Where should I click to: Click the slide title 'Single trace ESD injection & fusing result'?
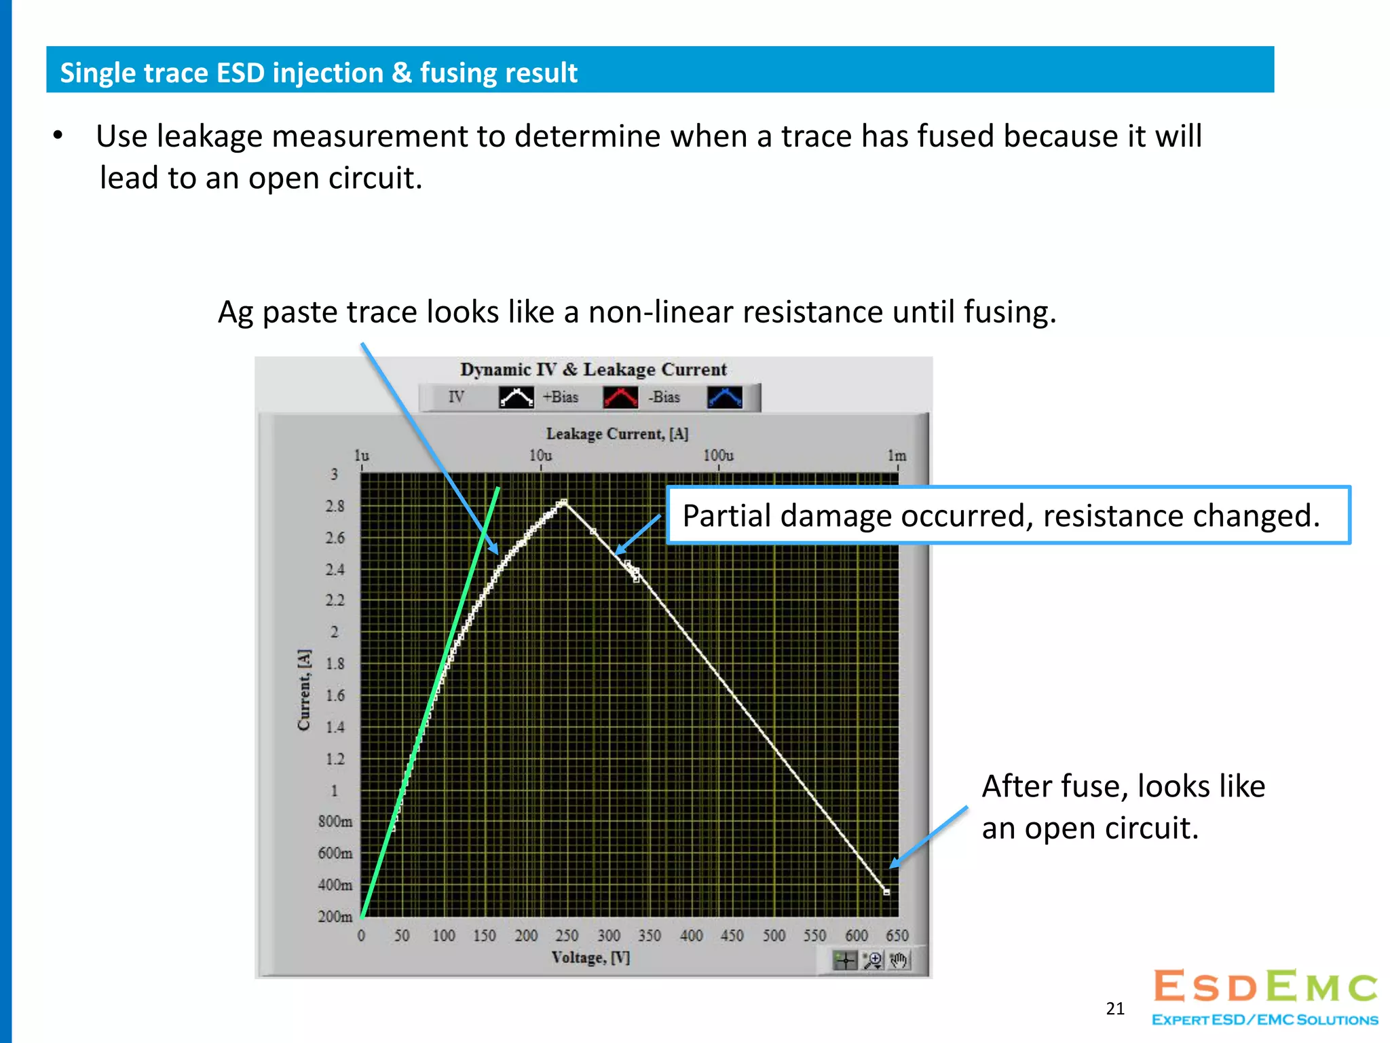point(318,73)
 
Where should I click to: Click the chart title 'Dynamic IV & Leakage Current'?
point(593,369)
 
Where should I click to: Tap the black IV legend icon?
point(516,397)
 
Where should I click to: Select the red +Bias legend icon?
point(620,397)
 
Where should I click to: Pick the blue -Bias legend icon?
point(725,397)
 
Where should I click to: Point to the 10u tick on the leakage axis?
point(540,456)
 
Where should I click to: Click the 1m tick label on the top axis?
point(897,456)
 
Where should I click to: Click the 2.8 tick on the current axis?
point(335,507)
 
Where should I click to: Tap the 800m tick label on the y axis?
point(335,822)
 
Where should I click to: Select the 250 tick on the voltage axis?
point(567,936)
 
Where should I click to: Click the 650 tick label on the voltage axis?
point(897,936)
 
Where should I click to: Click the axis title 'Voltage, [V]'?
point(590,957)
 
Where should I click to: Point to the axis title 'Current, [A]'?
point(303,690)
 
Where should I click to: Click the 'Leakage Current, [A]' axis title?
point(617,434)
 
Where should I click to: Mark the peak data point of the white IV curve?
point(563,502)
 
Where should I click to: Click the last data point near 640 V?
point(886,892)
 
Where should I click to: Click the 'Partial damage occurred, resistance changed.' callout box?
point(1008,515)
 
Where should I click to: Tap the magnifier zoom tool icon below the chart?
point(872,960)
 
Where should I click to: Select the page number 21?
point(1115,1008)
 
